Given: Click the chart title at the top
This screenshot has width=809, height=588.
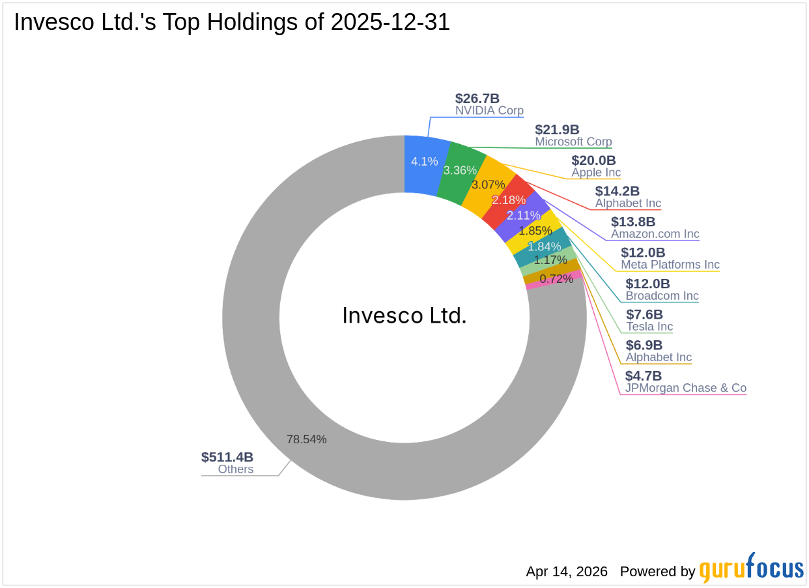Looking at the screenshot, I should coord(232,23).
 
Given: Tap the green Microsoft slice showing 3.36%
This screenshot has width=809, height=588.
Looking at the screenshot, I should coord(460,170).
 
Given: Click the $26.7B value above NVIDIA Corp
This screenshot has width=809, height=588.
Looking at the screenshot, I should coord(477,98).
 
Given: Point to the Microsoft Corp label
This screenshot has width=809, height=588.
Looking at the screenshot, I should coord(573,141).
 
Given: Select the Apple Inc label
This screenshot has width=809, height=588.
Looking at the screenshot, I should coord(596,173).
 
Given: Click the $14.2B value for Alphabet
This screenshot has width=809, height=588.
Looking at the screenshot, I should coord(617,191).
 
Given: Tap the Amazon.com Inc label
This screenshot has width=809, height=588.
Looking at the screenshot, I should coord(655,234).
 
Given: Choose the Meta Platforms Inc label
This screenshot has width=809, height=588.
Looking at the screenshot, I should coord(670,265).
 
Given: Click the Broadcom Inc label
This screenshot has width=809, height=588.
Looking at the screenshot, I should coord(662,296).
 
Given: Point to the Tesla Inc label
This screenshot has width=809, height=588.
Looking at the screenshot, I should coord(649,327).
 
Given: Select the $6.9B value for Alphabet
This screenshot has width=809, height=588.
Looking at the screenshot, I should coord(644,345).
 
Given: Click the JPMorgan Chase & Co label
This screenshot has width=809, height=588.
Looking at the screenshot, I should coord(685,388).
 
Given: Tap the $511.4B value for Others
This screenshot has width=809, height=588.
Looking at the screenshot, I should coord(227,457).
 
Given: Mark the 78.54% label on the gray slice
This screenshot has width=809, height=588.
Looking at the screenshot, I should coord(306,439).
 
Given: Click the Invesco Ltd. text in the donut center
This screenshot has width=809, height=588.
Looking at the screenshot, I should coord(404,316).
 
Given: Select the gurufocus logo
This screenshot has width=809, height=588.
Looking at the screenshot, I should coord(751,568).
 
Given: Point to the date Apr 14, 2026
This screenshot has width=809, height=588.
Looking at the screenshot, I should coord(567,572).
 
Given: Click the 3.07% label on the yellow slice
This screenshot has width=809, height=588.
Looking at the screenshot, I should coord(488,184).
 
